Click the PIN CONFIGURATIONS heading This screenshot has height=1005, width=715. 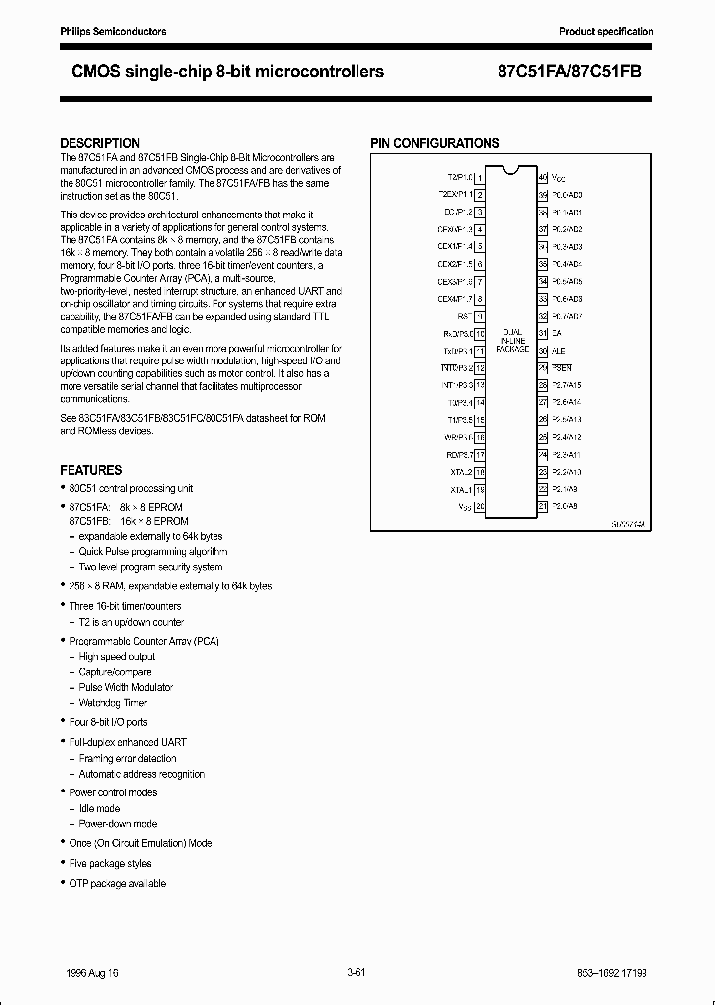click(x=435, y=143)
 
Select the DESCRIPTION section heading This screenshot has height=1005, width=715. click(x=100, y=143)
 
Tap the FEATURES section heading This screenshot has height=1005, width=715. click(x=91, y=470)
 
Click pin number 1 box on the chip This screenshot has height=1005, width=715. click(x=480, y=178)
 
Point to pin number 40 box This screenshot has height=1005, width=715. click(x=543, y=178)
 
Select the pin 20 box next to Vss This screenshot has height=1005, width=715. click(x=480, y=507)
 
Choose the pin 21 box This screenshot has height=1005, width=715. click(x=543, y=507)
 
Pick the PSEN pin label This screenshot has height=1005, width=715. click(x=561, y=368)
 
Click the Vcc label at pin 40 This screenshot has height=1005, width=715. click(x=559, y=178)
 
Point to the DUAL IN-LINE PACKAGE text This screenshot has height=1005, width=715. click(x=512, y=341)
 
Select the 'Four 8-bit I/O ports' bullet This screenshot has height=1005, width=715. click(x=108, y=722)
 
